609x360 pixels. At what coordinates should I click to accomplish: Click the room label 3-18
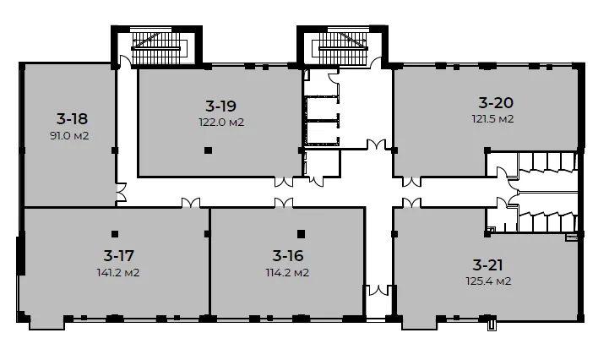tap(72, 118)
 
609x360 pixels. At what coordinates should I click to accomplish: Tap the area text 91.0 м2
tap(69, 136)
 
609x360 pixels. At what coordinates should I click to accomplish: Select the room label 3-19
tap(221, 106)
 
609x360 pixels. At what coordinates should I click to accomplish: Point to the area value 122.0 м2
tap(221, 123)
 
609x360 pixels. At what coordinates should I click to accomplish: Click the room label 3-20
tap(496, 102)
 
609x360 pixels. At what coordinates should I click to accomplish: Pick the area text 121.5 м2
tap(492, 118)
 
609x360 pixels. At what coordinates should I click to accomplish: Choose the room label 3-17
tap(118, 256)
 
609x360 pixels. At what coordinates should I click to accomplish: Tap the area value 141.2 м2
tap(118, 273)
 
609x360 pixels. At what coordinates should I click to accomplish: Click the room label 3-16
tap(288, 256)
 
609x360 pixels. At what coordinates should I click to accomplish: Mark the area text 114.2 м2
tap(287, 273)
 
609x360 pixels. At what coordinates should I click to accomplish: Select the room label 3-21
tap(488, 265)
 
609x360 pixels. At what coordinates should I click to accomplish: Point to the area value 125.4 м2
tap(488, 281)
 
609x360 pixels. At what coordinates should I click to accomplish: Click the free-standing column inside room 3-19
tap(209, 150)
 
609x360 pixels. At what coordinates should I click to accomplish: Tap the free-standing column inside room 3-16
tap(301, 234)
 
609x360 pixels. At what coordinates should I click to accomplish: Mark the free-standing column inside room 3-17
tap(115, 234)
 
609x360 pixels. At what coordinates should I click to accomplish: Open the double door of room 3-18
tap(122, 193)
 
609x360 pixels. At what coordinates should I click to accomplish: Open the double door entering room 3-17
tap(191, 203)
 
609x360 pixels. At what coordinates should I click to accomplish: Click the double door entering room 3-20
tap(411, 182)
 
